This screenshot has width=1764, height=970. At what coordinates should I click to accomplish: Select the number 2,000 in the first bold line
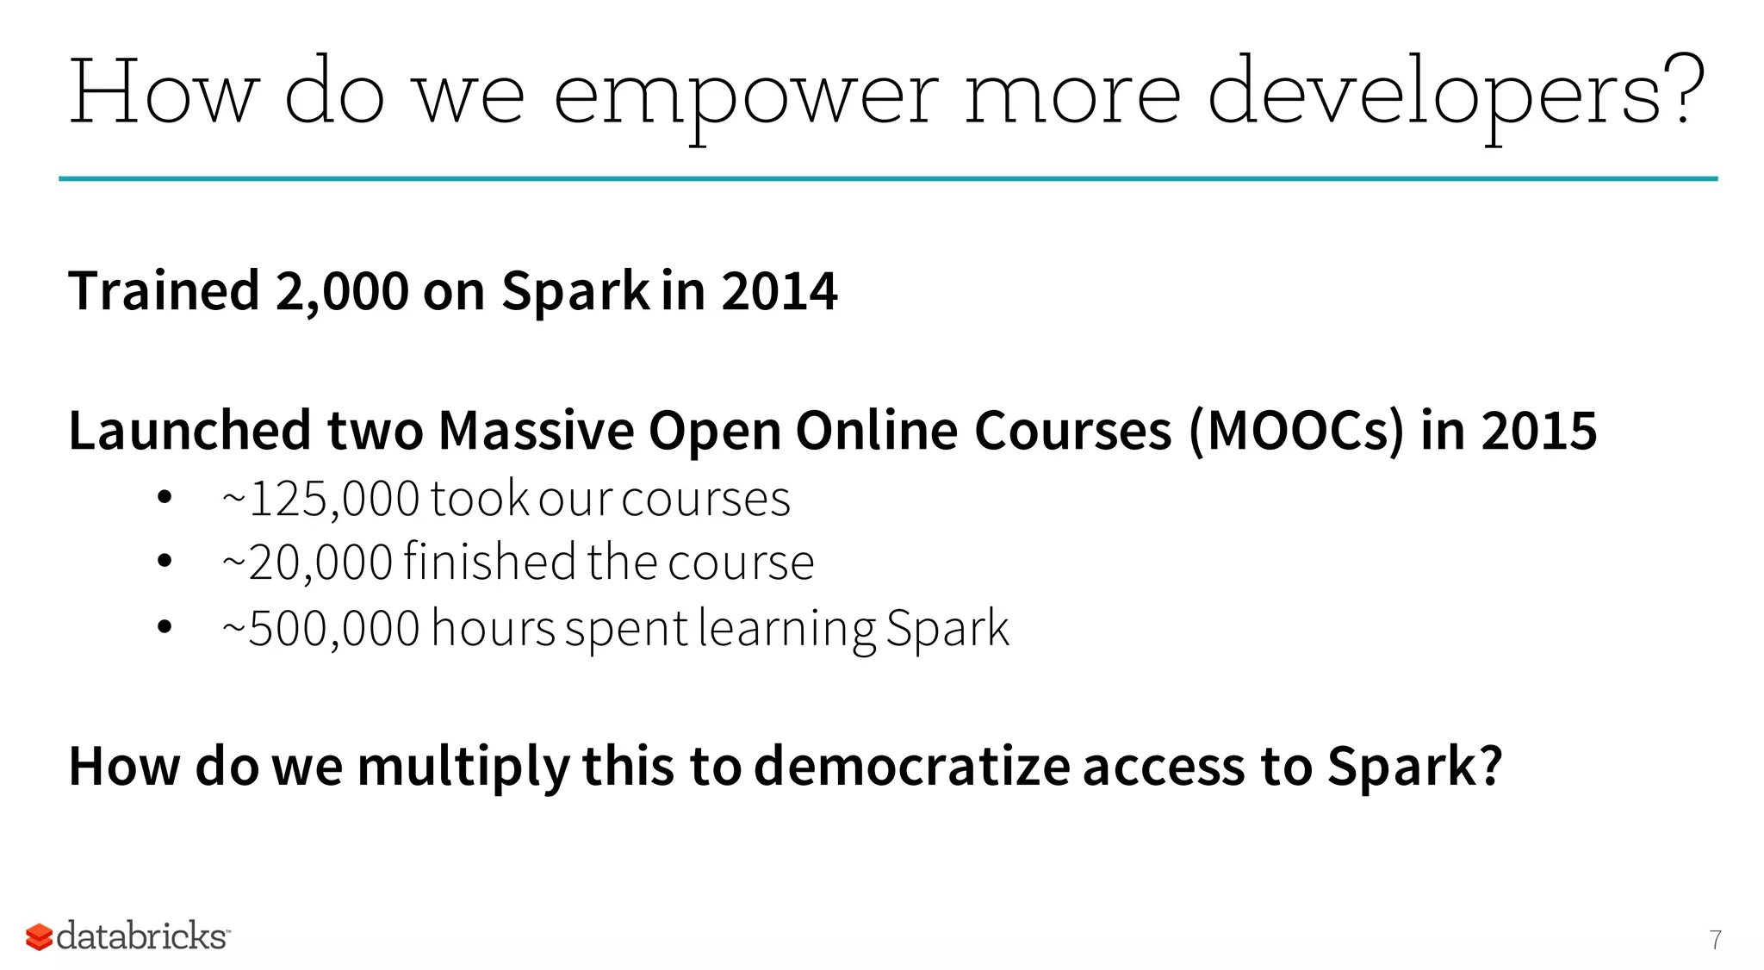pos(342,291)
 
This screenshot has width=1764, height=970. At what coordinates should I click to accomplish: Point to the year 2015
pos(1538,431)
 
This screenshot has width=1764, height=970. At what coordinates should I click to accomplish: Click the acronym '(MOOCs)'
pos(1295,431)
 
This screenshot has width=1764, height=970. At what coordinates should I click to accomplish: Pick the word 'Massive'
pos(536,431)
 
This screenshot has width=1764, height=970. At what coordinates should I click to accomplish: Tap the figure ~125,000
pos(320,499)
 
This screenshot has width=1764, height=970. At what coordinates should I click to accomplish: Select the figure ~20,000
pos(307,563)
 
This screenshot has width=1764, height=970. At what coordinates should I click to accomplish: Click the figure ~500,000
pos(320,628)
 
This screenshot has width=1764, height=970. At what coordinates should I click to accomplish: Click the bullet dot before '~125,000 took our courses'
pos(165,497)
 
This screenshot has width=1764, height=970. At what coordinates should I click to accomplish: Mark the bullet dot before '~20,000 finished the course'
pos(165,562)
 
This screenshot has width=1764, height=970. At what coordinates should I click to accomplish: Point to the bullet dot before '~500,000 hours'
pos(165,627)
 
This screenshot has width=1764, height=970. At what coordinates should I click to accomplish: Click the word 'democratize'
pos(911,766)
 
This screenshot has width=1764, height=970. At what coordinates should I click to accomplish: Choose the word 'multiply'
pos(463,766)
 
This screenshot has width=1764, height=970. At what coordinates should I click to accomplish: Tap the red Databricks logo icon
pos(39,936)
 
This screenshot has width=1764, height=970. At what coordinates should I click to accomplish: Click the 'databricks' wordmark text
pos(142,936)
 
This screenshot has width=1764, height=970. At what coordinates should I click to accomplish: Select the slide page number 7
pos(1716,940)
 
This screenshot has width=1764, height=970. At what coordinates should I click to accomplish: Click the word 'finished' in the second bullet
pos(489,563)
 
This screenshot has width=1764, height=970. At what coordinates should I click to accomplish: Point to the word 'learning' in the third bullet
pos(787,628)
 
